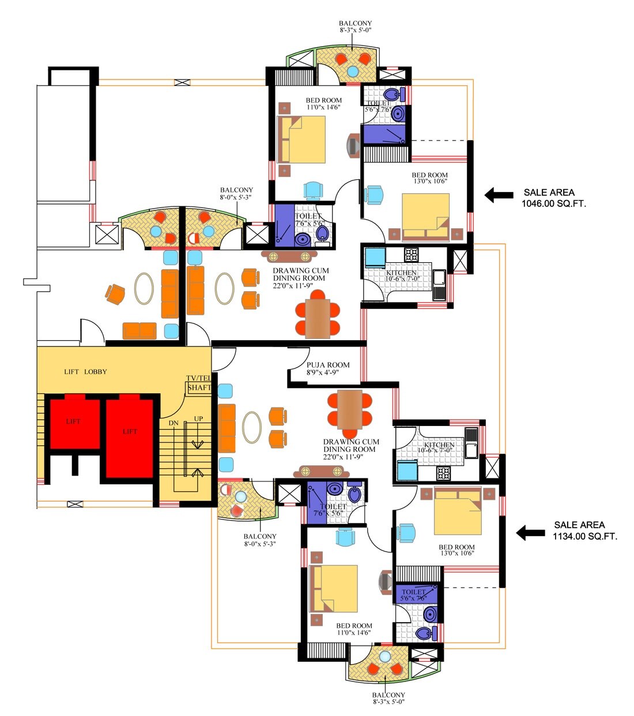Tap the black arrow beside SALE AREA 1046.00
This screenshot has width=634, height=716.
point(499,195)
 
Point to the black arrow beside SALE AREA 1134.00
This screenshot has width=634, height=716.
point(530,533)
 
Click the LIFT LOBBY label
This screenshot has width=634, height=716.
point(85,372)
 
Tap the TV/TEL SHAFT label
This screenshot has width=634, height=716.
point(199,383)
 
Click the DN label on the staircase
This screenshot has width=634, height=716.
point(173,423)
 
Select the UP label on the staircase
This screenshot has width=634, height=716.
point(198,419)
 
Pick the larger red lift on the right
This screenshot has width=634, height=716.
point(130,437)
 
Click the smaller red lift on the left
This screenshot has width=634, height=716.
point(73,422)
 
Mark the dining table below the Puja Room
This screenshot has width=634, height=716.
point(350,409)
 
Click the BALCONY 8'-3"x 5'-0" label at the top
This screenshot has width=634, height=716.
point(355,27)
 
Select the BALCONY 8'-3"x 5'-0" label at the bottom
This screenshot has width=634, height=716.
point(388,698)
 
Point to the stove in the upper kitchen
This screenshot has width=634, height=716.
point(411,254)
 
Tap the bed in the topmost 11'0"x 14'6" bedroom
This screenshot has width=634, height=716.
point(301,140)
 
